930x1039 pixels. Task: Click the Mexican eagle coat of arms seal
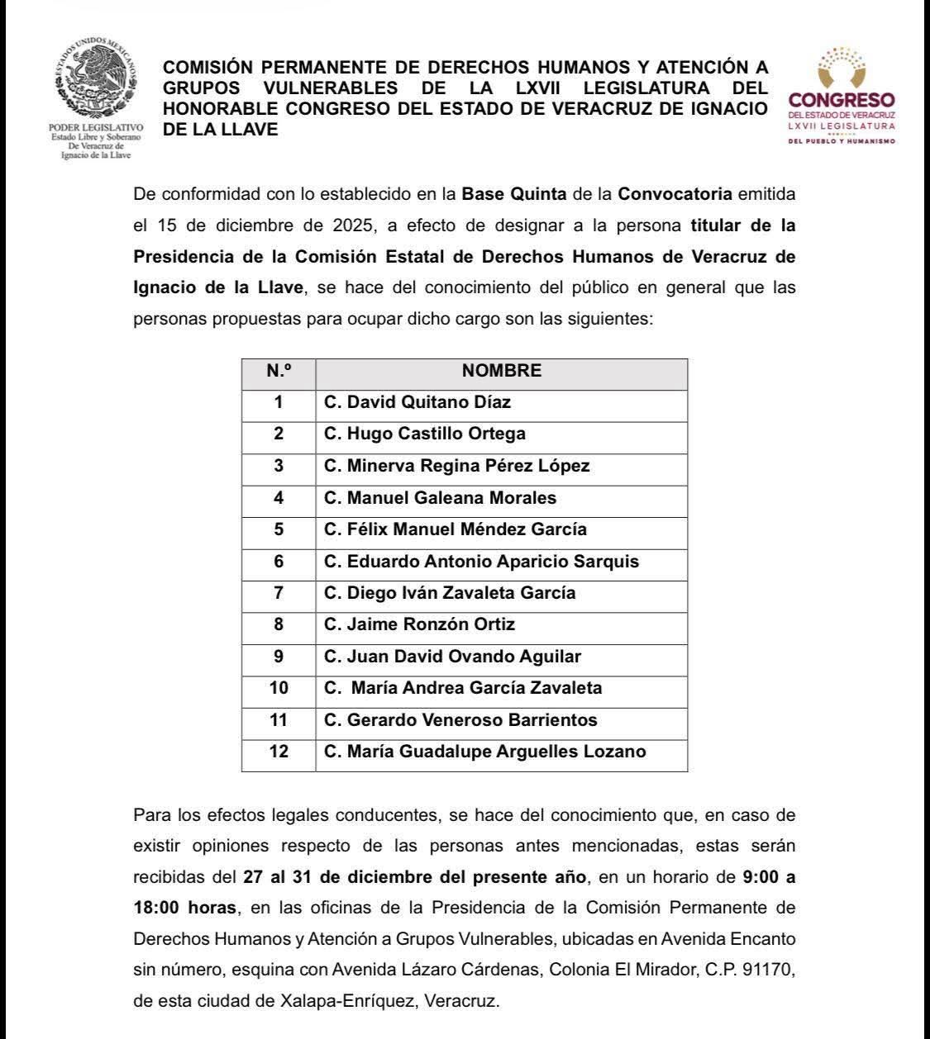pos(97,79)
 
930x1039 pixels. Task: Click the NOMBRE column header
pos(501,371)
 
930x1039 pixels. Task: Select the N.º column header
pos(279,371)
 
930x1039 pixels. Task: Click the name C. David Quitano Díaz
pos(417,402)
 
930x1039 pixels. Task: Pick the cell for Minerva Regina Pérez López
pos(457,466)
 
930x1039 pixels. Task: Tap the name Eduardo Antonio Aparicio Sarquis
pos(481,562)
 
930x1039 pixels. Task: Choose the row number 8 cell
pos(279,624)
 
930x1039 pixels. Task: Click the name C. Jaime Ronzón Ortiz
pos(419,624)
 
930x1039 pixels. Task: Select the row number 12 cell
pos(279,752)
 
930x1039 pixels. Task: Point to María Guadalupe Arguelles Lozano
pos(485,752)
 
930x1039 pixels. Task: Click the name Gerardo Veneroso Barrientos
pos(460,720)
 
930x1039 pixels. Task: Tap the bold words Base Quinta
pos(513,195)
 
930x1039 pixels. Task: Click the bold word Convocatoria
pos(675,195)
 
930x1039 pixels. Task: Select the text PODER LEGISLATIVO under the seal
pos(96,128)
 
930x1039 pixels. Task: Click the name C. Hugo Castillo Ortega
pos(425,434)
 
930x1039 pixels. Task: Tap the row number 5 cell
pos(279,529)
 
